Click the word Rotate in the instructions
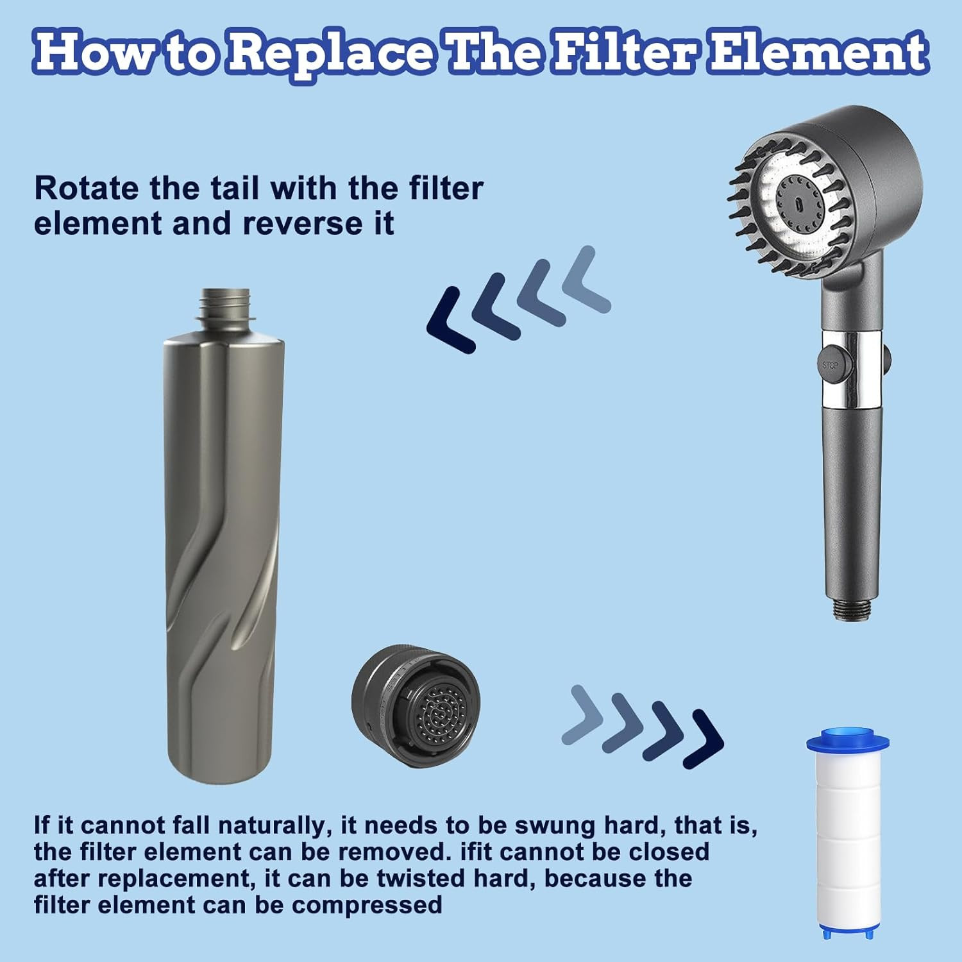tap(86, 188)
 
